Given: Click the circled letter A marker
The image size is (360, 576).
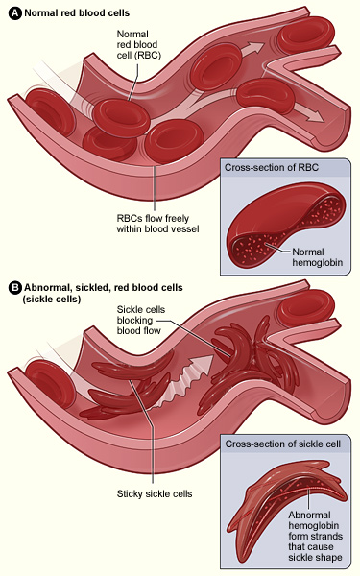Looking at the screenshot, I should point(12,12).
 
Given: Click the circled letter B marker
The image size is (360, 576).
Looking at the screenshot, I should point(12,287).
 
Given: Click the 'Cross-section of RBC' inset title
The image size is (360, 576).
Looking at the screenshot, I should point(270,167).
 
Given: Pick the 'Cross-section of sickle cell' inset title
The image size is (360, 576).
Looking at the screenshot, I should point(279,444).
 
